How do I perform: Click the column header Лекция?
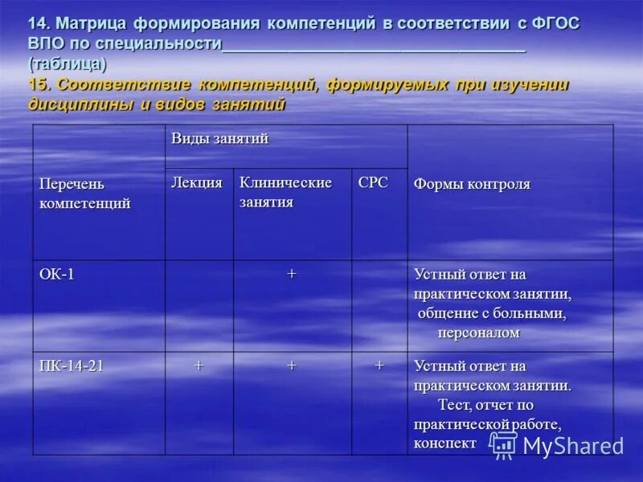point(197,183)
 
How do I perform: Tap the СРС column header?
point(373,183)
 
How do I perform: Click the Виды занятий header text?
point(219,139)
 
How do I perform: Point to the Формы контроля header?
point(472,185)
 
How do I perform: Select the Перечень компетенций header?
point(84,194)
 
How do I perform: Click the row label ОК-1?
point(57,274)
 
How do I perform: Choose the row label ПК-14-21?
point(72,366)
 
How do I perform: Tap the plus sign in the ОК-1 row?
point(292,274)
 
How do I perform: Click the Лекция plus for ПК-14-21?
point(199,366)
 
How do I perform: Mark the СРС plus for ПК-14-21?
point(379,366)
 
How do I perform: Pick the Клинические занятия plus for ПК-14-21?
point(292,366)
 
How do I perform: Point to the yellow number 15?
point(38,84)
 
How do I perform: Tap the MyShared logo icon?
point(504,445)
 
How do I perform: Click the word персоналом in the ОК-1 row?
point(478,333)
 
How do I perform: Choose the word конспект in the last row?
point(444,443)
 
